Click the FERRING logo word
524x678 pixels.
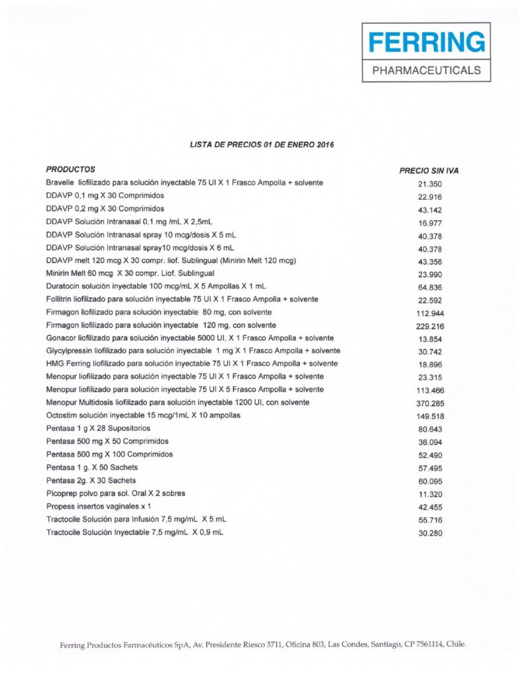coord(426,43)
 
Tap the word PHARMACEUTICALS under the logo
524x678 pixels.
coord(426,70)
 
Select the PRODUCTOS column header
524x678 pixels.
coord(71,169)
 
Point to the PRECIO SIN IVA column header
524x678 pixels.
coord(429,171)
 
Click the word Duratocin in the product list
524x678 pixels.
coord(64,286)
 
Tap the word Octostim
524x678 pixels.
coord(63,415)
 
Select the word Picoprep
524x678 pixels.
coord(63,493)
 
